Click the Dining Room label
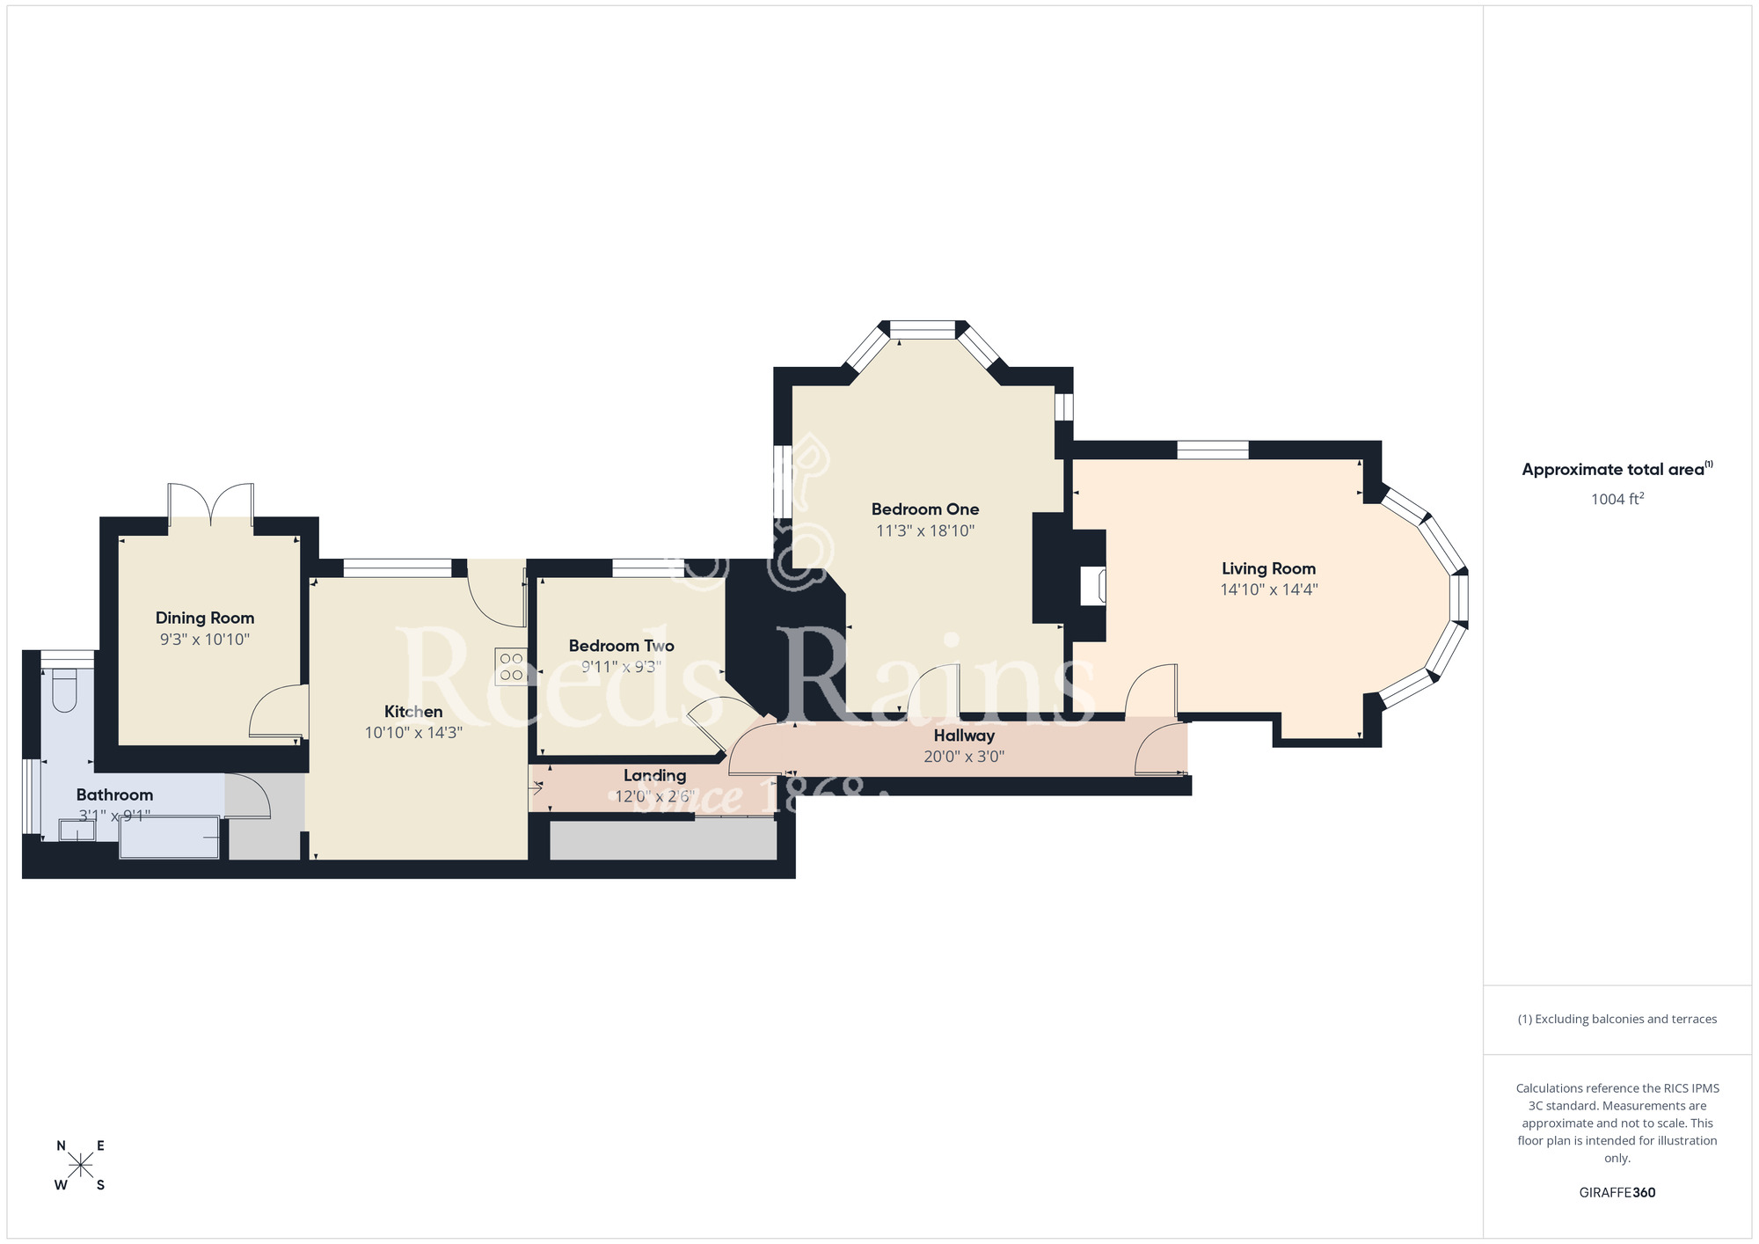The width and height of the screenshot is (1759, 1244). pyautogui.click(x=205, y=618)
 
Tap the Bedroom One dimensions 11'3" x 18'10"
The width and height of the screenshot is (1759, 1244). pyautogui.click(x=925, y=531)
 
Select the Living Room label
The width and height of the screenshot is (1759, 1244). pyautogui.click(x=1268, y=569)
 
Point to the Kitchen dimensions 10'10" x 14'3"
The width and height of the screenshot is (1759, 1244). pyautogui.click(x=413, y=733)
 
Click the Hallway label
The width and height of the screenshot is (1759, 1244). pyautogui.click(x=964, y=735)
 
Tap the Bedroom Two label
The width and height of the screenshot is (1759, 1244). pyautogui.click(x=621, y=646)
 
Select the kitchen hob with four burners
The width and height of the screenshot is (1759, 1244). pyautogui.click(x=511, y=666)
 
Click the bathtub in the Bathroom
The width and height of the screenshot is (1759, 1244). pyautogui.click(x=170, y=838)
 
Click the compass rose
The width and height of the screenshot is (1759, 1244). pyautogui.click(x=81, y=1166)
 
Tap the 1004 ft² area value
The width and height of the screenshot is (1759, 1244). pyautogui.click(x=1617, y=500)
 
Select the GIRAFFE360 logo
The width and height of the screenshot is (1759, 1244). pyautogui.click(x=1617, y=1193)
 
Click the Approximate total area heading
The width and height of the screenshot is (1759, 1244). pyautogui.click(x=1617, y=470)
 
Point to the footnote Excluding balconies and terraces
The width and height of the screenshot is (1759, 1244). pyautogui.click(x=1617, y=1020)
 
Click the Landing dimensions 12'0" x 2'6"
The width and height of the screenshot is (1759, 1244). pyautogui.click(x=654, y=797)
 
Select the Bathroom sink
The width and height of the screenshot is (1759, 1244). pyautogui.click(x=77, y=830)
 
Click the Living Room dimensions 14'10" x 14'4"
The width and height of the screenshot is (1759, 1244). pyautogui.click(x=1268, y=590)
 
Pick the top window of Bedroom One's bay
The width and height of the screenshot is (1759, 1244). pyautogui.click(x=923, y=330)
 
